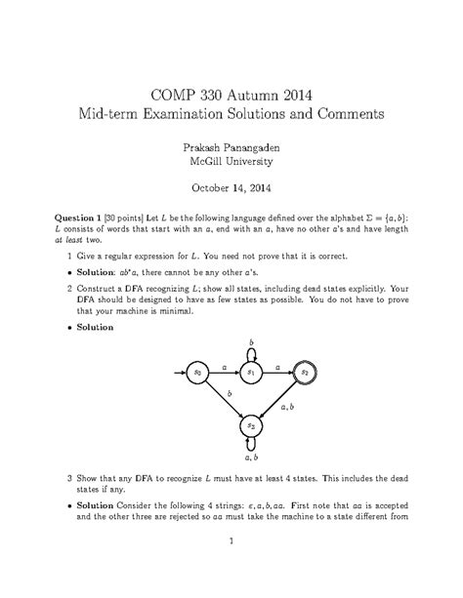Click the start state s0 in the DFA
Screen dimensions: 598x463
[197, 372]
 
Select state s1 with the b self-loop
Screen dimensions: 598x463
[251, 372]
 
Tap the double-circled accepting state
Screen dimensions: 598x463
[305, 372]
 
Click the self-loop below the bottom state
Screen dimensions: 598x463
[251, 446]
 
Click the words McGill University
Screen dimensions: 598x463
[231, 163]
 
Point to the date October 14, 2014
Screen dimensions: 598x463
[231, 191]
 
